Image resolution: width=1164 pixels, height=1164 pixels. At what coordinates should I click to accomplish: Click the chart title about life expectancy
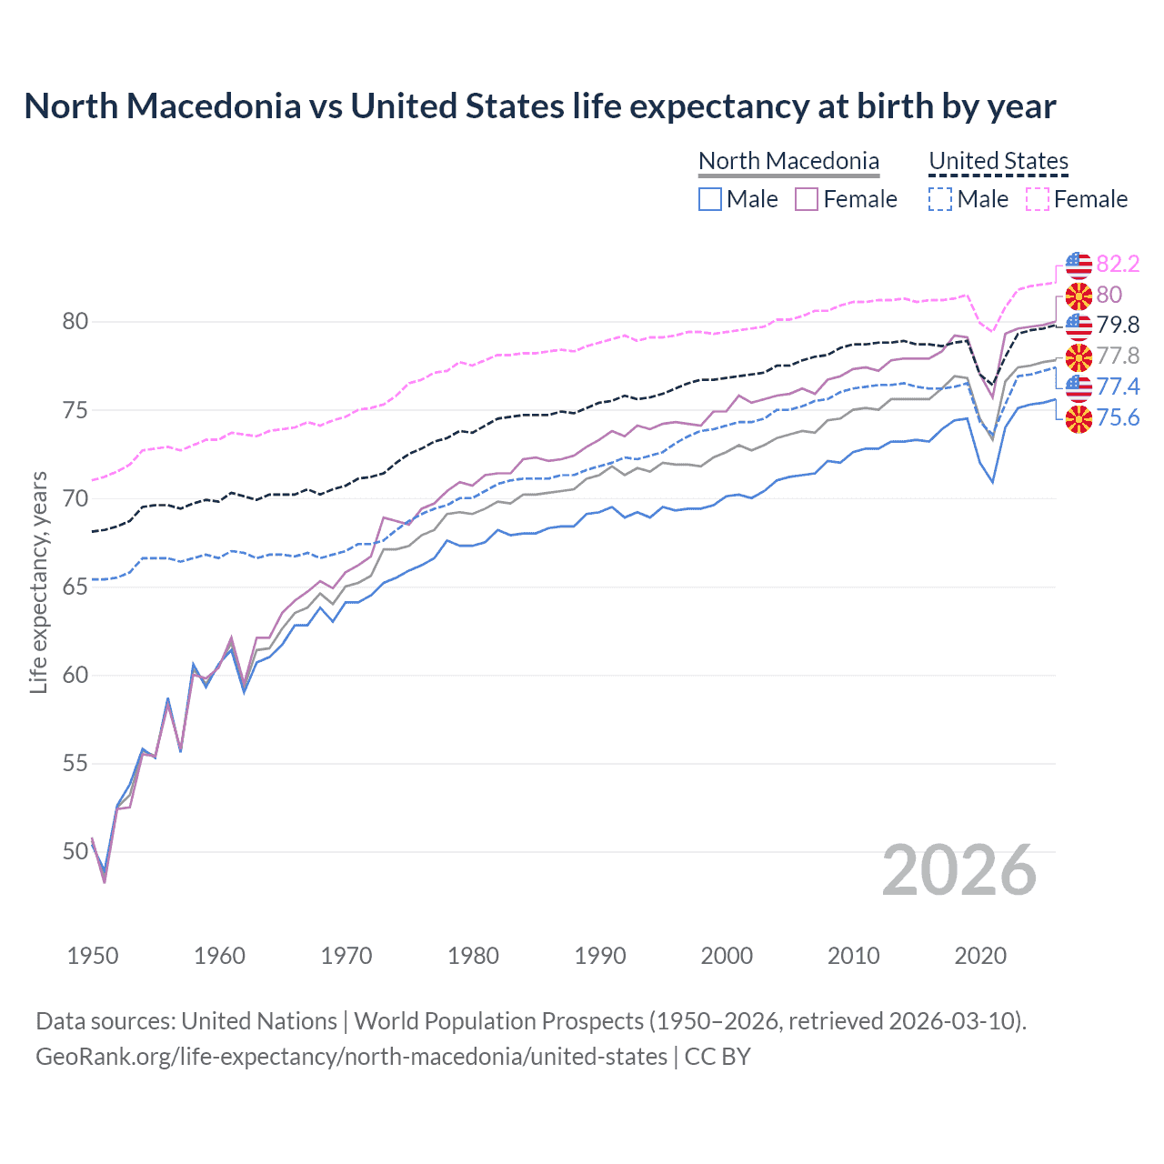tap(539, 106)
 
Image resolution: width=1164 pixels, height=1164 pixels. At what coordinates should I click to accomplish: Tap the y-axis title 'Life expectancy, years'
tap(38, 582)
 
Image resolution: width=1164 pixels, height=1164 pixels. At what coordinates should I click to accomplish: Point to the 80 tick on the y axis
tap(75, 321)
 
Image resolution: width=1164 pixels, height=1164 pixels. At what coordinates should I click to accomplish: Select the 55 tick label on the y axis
tap(75, 763)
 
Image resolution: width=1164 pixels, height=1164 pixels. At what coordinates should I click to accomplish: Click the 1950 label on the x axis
tap(93, 956)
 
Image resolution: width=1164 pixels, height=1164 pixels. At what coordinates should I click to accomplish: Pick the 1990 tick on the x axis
tap(600, 956)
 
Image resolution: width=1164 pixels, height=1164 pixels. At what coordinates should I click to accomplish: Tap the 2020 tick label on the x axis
tap(980, 956)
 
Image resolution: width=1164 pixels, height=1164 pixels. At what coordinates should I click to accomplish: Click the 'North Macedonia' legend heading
tap(788, 161)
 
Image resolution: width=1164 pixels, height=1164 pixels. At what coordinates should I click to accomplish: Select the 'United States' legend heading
tap(998, 161)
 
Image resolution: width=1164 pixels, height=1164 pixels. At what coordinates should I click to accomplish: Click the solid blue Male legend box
tap(710, 199)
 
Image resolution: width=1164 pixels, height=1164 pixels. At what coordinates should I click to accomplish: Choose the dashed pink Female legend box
tap(1038, 199)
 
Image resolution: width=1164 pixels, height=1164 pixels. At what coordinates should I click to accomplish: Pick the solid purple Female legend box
tap(807, 199)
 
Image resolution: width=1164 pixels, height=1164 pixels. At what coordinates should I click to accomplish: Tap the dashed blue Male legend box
tap(941, 199)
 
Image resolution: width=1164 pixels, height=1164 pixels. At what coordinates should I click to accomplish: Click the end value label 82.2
tap(1118, 264)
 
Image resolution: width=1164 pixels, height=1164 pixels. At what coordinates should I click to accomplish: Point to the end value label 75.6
tap(1118, 417)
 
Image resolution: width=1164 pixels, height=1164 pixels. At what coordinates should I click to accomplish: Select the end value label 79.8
tap(1118, 325)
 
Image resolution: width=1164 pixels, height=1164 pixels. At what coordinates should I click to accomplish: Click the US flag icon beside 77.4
tap(1079, 387)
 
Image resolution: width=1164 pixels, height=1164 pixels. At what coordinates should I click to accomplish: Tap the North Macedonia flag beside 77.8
tap(1079, 356)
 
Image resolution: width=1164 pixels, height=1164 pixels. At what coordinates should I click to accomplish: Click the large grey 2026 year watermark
tap(958, 870)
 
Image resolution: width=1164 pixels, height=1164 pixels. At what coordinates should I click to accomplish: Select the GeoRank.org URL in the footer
tap(351, 1057)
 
